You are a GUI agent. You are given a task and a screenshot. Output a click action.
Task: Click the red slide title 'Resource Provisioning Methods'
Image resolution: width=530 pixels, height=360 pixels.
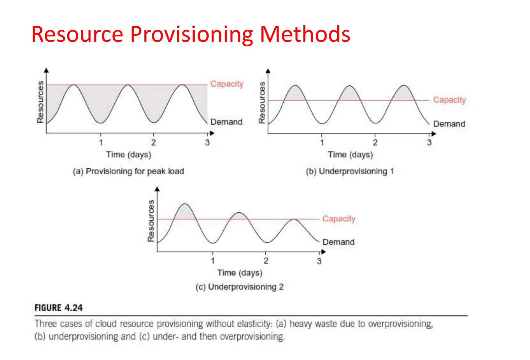pyautogui.click(x=191, y=34)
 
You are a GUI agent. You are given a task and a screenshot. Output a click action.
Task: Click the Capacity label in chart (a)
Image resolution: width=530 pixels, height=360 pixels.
pyautogui.click(x=227, y=84)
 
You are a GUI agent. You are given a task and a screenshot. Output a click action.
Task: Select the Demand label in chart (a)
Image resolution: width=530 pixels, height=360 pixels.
pyautogui.click(x=226, y=122)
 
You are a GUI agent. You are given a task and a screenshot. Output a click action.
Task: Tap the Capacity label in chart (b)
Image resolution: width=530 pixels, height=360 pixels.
pyautogui.click(x=450, y=100)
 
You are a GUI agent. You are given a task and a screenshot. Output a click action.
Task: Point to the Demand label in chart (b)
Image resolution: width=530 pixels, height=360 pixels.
pyautogui.click(x=449, y=124)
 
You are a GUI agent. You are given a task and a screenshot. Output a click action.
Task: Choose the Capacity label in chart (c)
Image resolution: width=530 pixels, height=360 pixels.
pyautogui.click(x=339, y=219)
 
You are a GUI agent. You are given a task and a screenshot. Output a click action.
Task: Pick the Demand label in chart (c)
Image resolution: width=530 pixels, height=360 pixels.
pyautogui.click(x=338, y=242)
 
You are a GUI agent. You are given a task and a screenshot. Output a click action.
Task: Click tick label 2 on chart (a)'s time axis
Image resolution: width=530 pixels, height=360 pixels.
pyautogui.click(x=153, y=142)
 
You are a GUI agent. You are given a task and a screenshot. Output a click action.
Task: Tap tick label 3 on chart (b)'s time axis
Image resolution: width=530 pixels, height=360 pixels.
pyautogui.click(x=429, y=142)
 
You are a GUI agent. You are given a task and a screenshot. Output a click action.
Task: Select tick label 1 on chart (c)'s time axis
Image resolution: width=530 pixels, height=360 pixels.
pyautogui.click(x=213, y=261)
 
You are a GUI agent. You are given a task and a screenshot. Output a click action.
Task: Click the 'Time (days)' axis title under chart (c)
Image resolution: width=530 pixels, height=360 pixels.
pyautogui.click(x=240, y=273)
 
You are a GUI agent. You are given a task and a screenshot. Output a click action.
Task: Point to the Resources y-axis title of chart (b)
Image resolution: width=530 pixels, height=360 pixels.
pyautogui.click(x=262, y=103)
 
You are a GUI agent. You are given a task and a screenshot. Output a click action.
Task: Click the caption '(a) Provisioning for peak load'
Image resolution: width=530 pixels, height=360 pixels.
pyautogui.click(x=128, y=171)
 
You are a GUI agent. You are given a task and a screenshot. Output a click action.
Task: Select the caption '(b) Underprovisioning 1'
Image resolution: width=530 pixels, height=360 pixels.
pyautogui.click(x=350, y=171)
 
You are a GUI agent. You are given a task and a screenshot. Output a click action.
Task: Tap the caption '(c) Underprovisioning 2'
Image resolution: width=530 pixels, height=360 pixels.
pyautogui.click(x=240, y=287)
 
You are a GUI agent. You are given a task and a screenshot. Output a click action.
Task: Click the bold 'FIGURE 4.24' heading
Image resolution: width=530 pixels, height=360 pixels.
pyautogui.click(x=59, y=308)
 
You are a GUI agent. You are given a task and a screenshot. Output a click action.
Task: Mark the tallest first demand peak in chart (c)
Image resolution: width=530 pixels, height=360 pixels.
pyautogui.click(x=185, y=204)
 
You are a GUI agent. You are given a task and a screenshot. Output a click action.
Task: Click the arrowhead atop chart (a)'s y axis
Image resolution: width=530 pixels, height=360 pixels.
pyautogui.click(x=46, y=70)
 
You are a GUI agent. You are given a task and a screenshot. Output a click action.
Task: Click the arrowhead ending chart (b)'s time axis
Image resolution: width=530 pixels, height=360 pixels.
pyautogui.click(x=434, y=134)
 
